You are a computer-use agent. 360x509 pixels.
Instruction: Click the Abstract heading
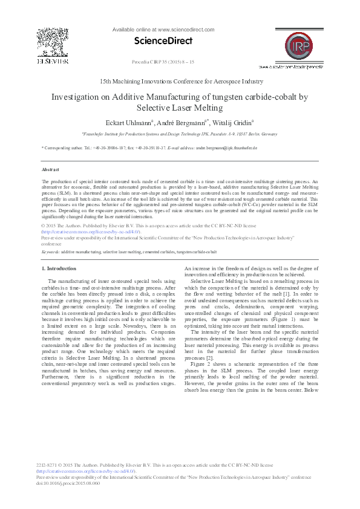click(x=50, y=170)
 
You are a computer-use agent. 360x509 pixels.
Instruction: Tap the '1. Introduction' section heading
click(x=59, y=268)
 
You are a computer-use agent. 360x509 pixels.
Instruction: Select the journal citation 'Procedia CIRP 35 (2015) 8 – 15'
click(x=162, y=62)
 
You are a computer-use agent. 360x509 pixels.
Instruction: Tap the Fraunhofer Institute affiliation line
click(x=180, y=134)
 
